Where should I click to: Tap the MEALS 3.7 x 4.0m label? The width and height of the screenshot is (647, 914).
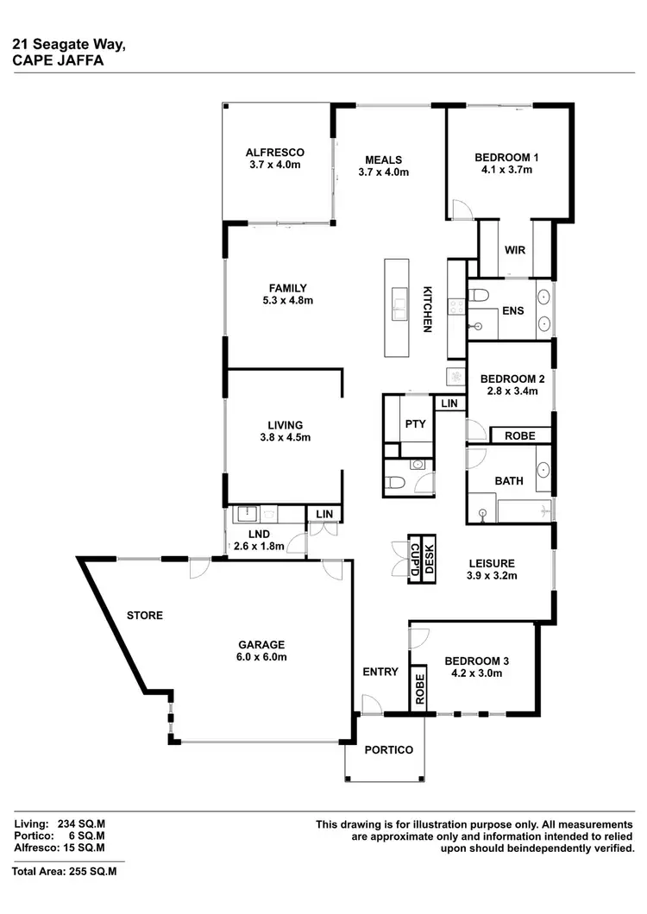point(383,166)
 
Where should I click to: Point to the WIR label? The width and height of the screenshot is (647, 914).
point(517,250)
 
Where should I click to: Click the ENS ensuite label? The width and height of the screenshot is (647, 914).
point(512,310)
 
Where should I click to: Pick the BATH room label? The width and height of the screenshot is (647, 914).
point(509,480)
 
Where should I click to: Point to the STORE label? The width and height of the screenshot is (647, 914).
point(144,616)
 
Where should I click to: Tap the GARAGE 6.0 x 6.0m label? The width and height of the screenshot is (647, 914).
point(262,650)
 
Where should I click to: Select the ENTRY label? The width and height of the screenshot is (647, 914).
point(380,672)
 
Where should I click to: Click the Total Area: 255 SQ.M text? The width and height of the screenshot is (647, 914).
point(65,872)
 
